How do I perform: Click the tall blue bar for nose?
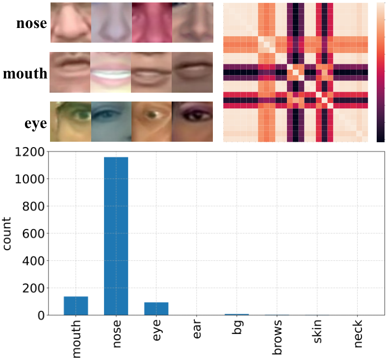click(x=116, y=236)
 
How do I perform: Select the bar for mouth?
click(x=76, y=306)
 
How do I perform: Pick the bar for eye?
click(x=156, y=309)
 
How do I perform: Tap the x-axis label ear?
click(x=197, y=329)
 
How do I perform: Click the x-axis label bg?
click(x=237, y=327)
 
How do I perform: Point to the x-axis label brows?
click(x=277, y=337)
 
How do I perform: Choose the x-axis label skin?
click(x=317, y=331)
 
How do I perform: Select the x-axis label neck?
click(x=358, y=334)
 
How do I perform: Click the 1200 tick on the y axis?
click(x=29, y=152)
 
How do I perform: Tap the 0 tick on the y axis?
click(x=41, y=315)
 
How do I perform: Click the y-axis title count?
click(x=7, y=233)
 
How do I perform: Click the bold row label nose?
click(x=31, y=23)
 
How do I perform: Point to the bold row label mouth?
click(x=25, y=74)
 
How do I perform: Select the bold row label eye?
click(x=35, y=124)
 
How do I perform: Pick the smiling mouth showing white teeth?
click(x=110, y=72)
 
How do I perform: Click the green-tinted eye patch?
click(x=71, y=122)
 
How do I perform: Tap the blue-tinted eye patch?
click(x=111, y=122)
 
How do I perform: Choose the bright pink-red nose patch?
click(x=152, y=23)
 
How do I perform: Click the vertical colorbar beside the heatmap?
click(x=381, y=73)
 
